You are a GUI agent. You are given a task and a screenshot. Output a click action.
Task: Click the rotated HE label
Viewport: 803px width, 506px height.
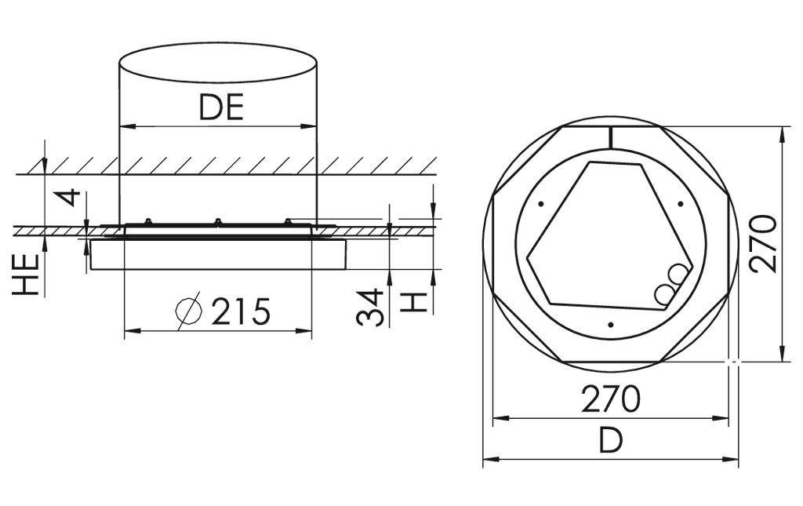27,274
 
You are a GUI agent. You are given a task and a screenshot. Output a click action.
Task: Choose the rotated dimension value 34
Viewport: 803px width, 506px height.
369,307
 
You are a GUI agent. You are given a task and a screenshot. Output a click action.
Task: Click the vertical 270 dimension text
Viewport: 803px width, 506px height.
763,243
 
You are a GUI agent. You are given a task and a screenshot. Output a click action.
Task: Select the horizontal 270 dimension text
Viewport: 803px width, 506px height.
610,399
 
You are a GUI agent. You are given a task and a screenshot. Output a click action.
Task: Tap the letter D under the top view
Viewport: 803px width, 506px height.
610,440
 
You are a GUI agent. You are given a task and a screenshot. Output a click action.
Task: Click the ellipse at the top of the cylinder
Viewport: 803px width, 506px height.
218,62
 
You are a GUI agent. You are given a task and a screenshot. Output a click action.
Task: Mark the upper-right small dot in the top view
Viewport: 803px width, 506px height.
680,205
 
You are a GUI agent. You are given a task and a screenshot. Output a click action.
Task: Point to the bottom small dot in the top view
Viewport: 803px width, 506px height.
610,324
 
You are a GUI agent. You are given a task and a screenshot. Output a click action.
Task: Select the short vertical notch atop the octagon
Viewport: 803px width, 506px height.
610,137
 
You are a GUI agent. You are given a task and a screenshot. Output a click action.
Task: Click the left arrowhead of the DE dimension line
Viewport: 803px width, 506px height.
125,126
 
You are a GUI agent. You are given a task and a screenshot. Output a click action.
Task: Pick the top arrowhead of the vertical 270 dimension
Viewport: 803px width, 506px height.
782,134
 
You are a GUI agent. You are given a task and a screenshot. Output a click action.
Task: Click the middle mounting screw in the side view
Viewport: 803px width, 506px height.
217,222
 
